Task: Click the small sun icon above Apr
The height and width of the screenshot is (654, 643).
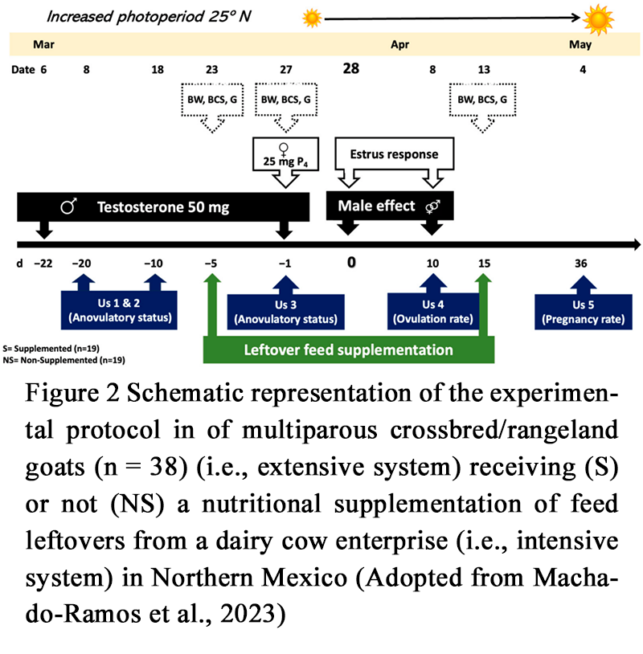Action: [311, 17]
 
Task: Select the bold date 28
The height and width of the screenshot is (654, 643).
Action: [350, 69]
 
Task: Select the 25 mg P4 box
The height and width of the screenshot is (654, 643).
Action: [285, 153]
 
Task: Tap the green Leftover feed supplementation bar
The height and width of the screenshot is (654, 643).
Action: [349, 350]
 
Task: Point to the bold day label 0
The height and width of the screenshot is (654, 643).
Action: [350, 262]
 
